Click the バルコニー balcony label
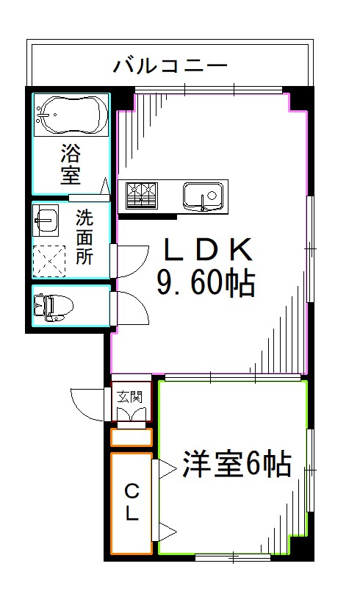click(170, 66)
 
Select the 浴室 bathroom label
click(71, 165)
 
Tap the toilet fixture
click(51, 306)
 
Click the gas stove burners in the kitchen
click(142, 196)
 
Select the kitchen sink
click(202, 196)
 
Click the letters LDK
click(208, 251)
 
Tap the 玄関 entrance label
click(130, 397)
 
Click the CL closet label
click(131, 503)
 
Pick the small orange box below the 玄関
click(131, 437)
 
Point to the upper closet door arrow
click(165, 468)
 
